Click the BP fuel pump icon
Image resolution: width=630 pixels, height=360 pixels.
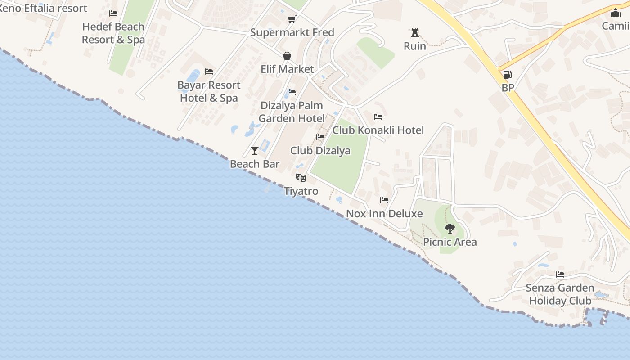507,75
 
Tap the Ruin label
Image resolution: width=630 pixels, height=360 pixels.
414,46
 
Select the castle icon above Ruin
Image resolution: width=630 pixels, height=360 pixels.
414,33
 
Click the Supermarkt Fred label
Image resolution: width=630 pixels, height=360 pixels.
292,32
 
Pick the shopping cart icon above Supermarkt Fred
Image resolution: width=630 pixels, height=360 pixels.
292,19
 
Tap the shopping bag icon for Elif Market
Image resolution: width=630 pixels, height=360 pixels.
287,56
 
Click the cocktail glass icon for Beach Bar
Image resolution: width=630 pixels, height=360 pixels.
255,150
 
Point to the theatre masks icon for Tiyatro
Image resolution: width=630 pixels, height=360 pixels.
301,178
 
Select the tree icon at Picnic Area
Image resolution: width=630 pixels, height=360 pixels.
450,228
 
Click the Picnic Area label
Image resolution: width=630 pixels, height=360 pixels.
450,242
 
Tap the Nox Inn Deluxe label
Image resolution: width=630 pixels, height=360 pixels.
384,214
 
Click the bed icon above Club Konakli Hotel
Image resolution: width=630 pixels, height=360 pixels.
378,117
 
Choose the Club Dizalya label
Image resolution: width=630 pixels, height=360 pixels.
320,151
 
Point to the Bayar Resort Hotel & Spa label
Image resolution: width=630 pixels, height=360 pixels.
209,91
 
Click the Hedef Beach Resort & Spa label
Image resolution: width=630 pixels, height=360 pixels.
113,33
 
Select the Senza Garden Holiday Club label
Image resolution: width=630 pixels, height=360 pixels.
560,294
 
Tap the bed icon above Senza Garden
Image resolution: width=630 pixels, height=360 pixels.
560,274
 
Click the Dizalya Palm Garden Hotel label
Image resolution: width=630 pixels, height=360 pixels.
292,112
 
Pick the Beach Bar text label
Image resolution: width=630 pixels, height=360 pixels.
255,164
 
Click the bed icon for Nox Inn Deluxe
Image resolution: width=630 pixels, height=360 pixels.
384,200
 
